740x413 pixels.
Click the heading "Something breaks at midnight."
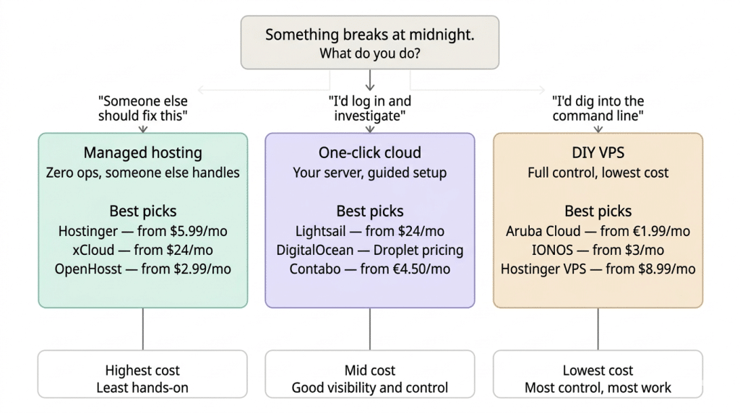click(370, 34)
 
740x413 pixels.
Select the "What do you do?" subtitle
click(370, 53)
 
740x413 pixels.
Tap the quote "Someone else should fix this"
click(142, 108)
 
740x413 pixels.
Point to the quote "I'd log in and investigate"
click(370, 108)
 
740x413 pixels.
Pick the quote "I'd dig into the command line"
click(598, 108)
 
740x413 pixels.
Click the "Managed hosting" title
click(142, 152)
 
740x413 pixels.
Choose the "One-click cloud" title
click(370, 152)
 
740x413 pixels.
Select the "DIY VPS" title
click(598, 152)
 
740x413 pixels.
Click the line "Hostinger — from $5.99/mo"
click(142, 231)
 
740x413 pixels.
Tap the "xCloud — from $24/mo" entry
click(142, 250)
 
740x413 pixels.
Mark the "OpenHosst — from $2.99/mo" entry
click(142, 269)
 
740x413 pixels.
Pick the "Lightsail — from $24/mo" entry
click(370, 231)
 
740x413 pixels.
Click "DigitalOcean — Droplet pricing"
click(370, 250)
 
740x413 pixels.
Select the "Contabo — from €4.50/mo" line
click(370, 269)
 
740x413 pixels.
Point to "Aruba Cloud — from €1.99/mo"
click(598, 231)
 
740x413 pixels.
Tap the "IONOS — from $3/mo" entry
click(598, 250)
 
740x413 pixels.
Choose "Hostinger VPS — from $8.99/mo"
click(598, 269)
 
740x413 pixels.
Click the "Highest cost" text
click(142, 370)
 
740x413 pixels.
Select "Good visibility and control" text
click(370, 388)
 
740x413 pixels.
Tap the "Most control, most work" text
click(598, 388)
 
